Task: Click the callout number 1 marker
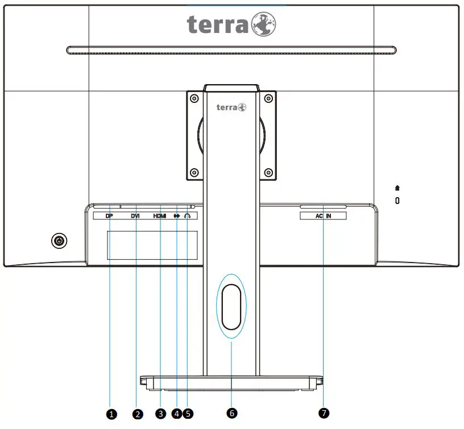coord(111,414)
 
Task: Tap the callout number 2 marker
coord(137,414)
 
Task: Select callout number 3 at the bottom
coord(161,414)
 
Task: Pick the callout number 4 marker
coord(177,414)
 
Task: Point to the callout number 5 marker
coord(188,414)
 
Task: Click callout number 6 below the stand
coord(231,414)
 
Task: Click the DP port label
coord(110,216)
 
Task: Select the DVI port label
coord(135,216)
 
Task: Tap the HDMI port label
coord(160,216)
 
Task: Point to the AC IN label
coord(323,216)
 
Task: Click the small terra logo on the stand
coord(231,107)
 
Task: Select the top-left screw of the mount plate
coord(194,98)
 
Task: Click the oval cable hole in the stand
coord(231,307)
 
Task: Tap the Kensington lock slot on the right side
coord(397,201)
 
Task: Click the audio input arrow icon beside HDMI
coord(177,216)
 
